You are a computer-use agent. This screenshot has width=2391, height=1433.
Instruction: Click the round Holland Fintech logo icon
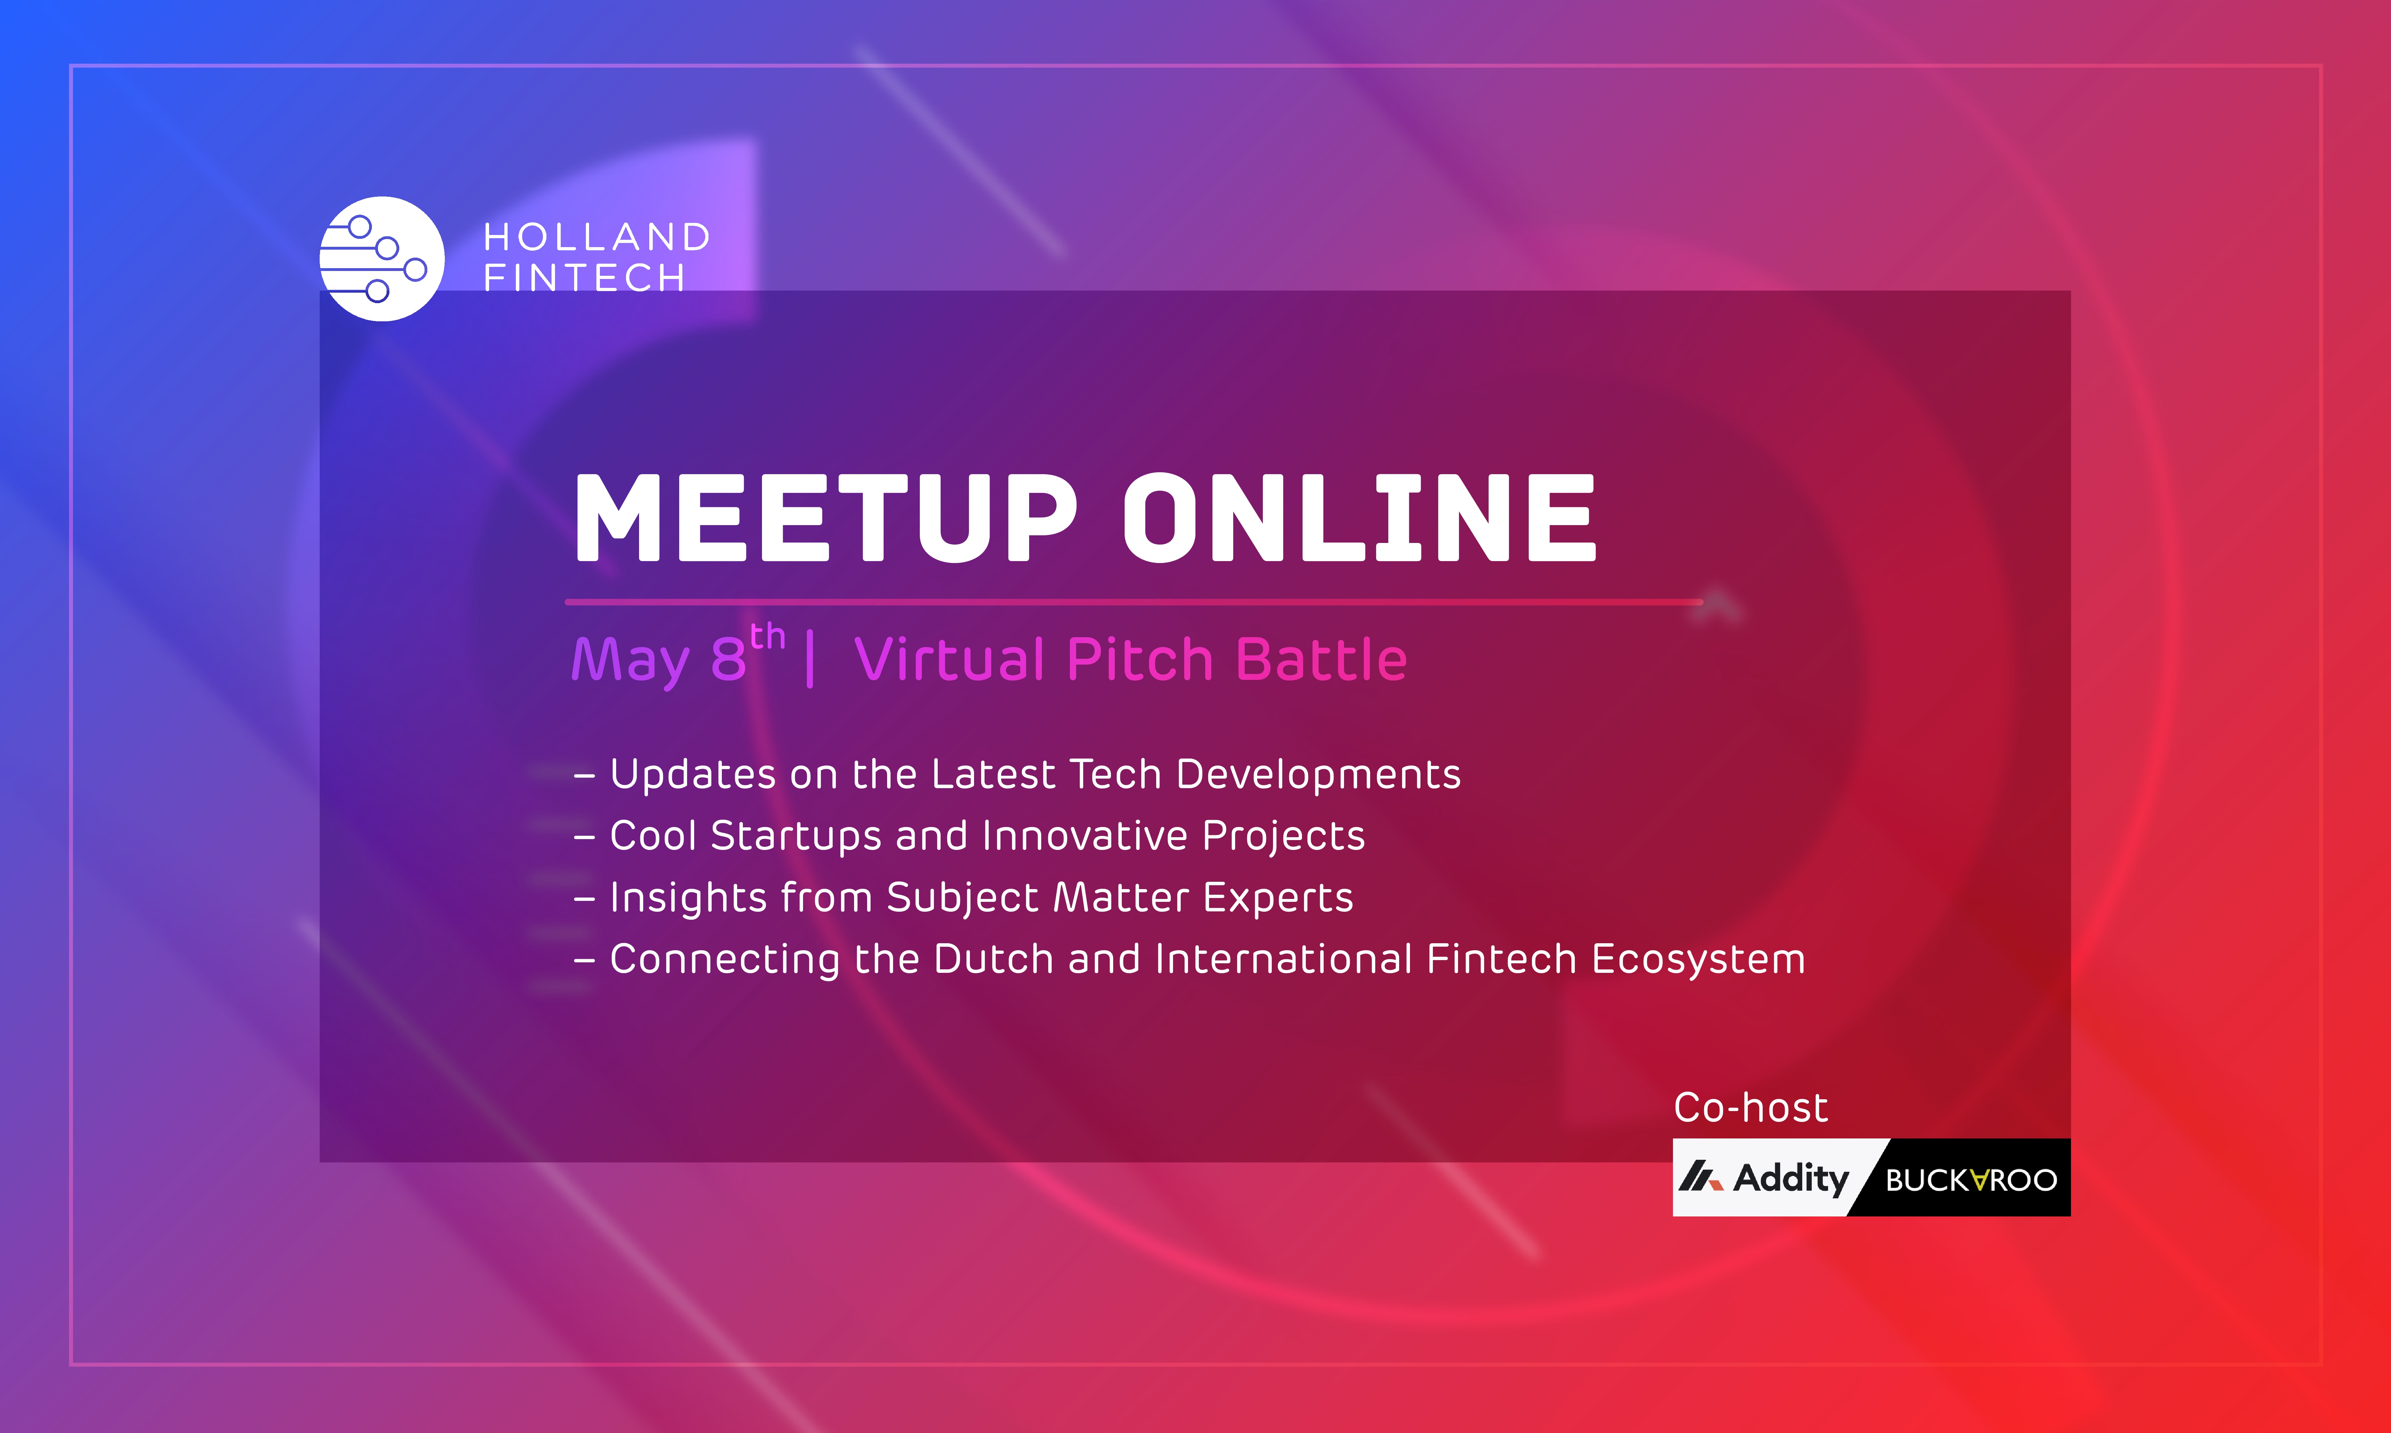(382, 259)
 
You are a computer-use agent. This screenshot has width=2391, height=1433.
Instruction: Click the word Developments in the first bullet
(1319, 774)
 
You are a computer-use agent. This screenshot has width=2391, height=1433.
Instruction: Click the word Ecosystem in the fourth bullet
(1698, 960)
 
